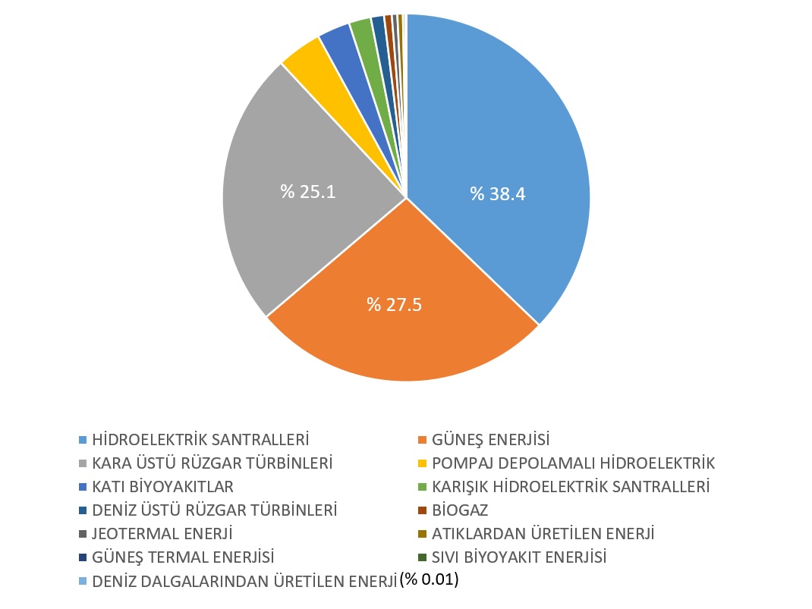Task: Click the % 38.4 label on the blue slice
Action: click(x=498, y=194)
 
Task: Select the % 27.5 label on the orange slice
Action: click(x=395, y=305)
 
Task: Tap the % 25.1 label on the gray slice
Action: click(x=308, y=191)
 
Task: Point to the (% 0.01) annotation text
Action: click(x=430, y=580)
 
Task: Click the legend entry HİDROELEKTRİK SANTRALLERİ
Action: click(x=200, y=439)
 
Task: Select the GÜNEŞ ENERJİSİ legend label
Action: click(x=490, y=439)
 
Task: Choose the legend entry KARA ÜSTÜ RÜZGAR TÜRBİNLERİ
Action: click(x=213, y=463)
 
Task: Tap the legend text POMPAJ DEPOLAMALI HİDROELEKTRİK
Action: click(x=573, y=463)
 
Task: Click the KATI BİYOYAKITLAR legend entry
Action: click(x=162, y=486)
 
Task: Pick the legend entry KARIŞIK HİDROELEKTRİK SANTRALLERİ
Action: click(x=570, y=486)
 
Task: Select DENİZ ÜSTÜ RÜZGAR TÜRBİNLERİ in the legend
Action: click(x=214, y=510)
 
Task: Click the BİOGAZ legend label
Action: click(x=460, y=510)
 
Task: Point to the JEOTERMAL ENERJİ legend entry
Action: click(x=162, y=534)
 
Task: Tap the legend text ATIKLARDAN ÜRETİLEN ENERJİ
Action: click(x=543, y=534)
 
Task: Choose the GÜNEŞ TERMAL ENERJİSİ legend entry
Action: click(x=183, y=557)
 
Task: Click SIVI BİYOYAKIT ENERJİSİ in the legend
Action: click(x=519, y=557)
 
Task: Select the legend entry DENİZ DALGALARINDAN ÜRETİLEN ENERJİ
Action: click(x=244, y=582)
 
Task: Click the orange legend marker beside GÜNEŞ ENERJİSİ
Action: click(x=423, y=440)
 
